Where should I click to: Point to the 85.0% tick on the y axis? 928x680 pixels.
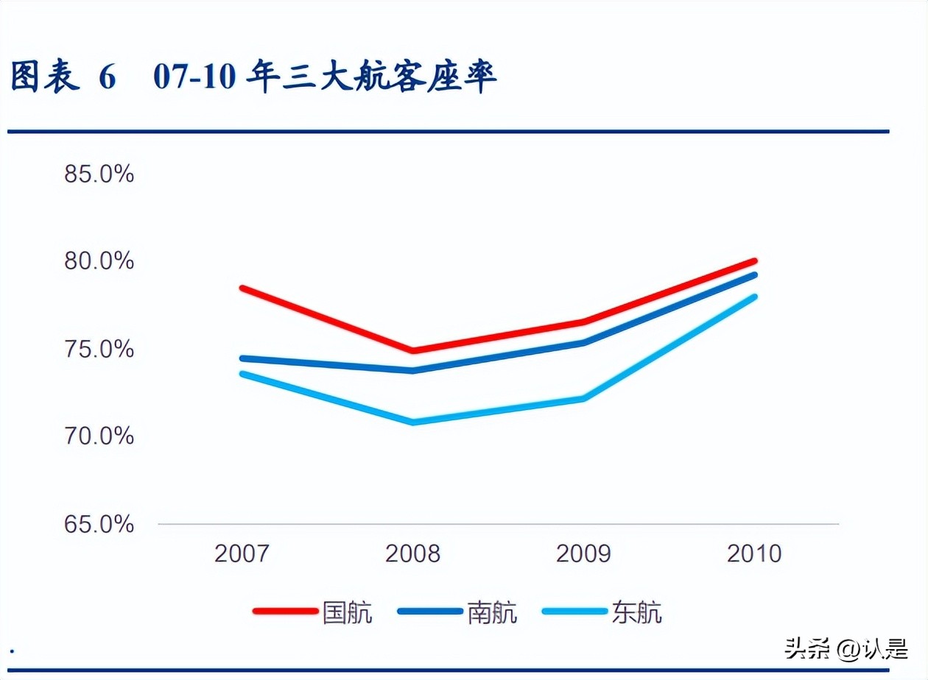[x=99, y=174]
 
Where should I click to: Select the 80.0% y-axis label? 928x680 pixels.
[x=99, y=261]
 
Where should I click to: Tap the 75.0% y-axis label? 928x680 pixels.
[x=99, y=349]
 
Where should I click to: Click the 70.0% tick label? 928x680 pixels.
[x=99, y=436]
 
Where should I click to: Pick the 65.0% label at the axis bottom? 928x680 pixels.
[x=99, y=524]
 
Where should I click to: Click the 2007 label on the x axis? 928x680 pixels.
[x=242, y=553]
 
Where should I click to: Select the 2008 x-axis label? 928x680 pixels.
[x=412, y=553]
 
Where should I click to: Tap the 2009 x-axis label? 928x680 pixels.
[x=583, y=553]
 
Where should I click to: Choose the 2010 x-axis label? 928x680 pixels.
[x=754, y=553]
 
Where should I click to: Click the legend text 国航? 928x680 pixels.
[x=348, y=612]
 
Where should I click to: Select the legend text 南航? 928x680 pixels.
[x=492, y=612]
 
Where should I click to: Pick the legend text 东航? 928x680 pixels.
[x=636, y=612]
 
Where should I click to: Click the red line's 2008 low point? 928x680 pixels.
[x=412, y=350]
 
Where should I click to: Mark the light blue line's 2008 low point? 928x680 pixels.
[x=412, y=422]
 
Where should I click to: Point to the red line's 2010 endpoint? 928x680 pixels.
[x=754, y=261]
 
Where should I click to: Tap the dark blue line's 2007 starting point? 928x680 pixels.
[x=242, y=358]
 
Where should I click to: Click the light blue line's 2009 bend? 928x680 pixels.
[x=583, y=399]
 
